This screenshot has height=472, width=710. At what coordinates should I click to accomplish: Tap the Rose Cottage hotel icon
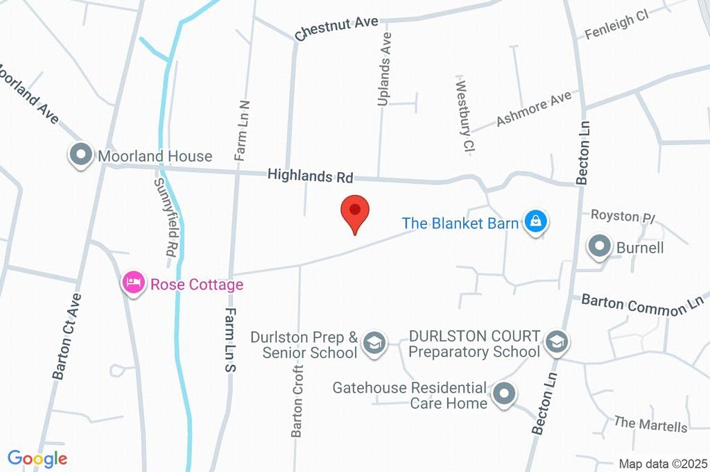pos(133,283)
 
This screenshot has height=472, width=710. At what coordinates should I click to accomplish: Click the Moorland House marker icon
pos(81,155)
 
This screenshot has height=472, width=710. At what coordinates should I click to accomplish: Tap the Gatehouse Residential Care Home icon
pos(504,395)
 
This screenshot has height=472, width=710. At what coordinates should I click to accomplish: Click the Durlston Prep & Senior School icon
pos(374,343)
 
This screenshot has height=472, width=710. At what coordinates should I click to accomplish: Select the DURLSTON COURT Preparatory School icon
pos(555,342)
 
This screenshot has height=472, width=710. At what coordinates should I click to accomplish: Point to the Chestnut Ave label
pos(336,28)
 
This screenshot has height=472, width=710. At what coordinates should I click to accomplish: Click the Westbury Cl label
pos(463,114)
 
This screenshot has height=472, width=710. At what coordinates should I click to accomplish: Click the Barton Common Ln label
pos(642,305)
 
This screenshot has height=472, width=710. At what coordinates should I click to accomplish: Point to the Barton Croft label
pos(298,406)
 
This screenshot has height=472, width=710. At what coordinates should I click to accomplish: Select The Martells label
pos(650,424)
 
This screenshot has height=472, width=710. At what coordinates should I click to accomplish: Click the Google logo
pos(37,458)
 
